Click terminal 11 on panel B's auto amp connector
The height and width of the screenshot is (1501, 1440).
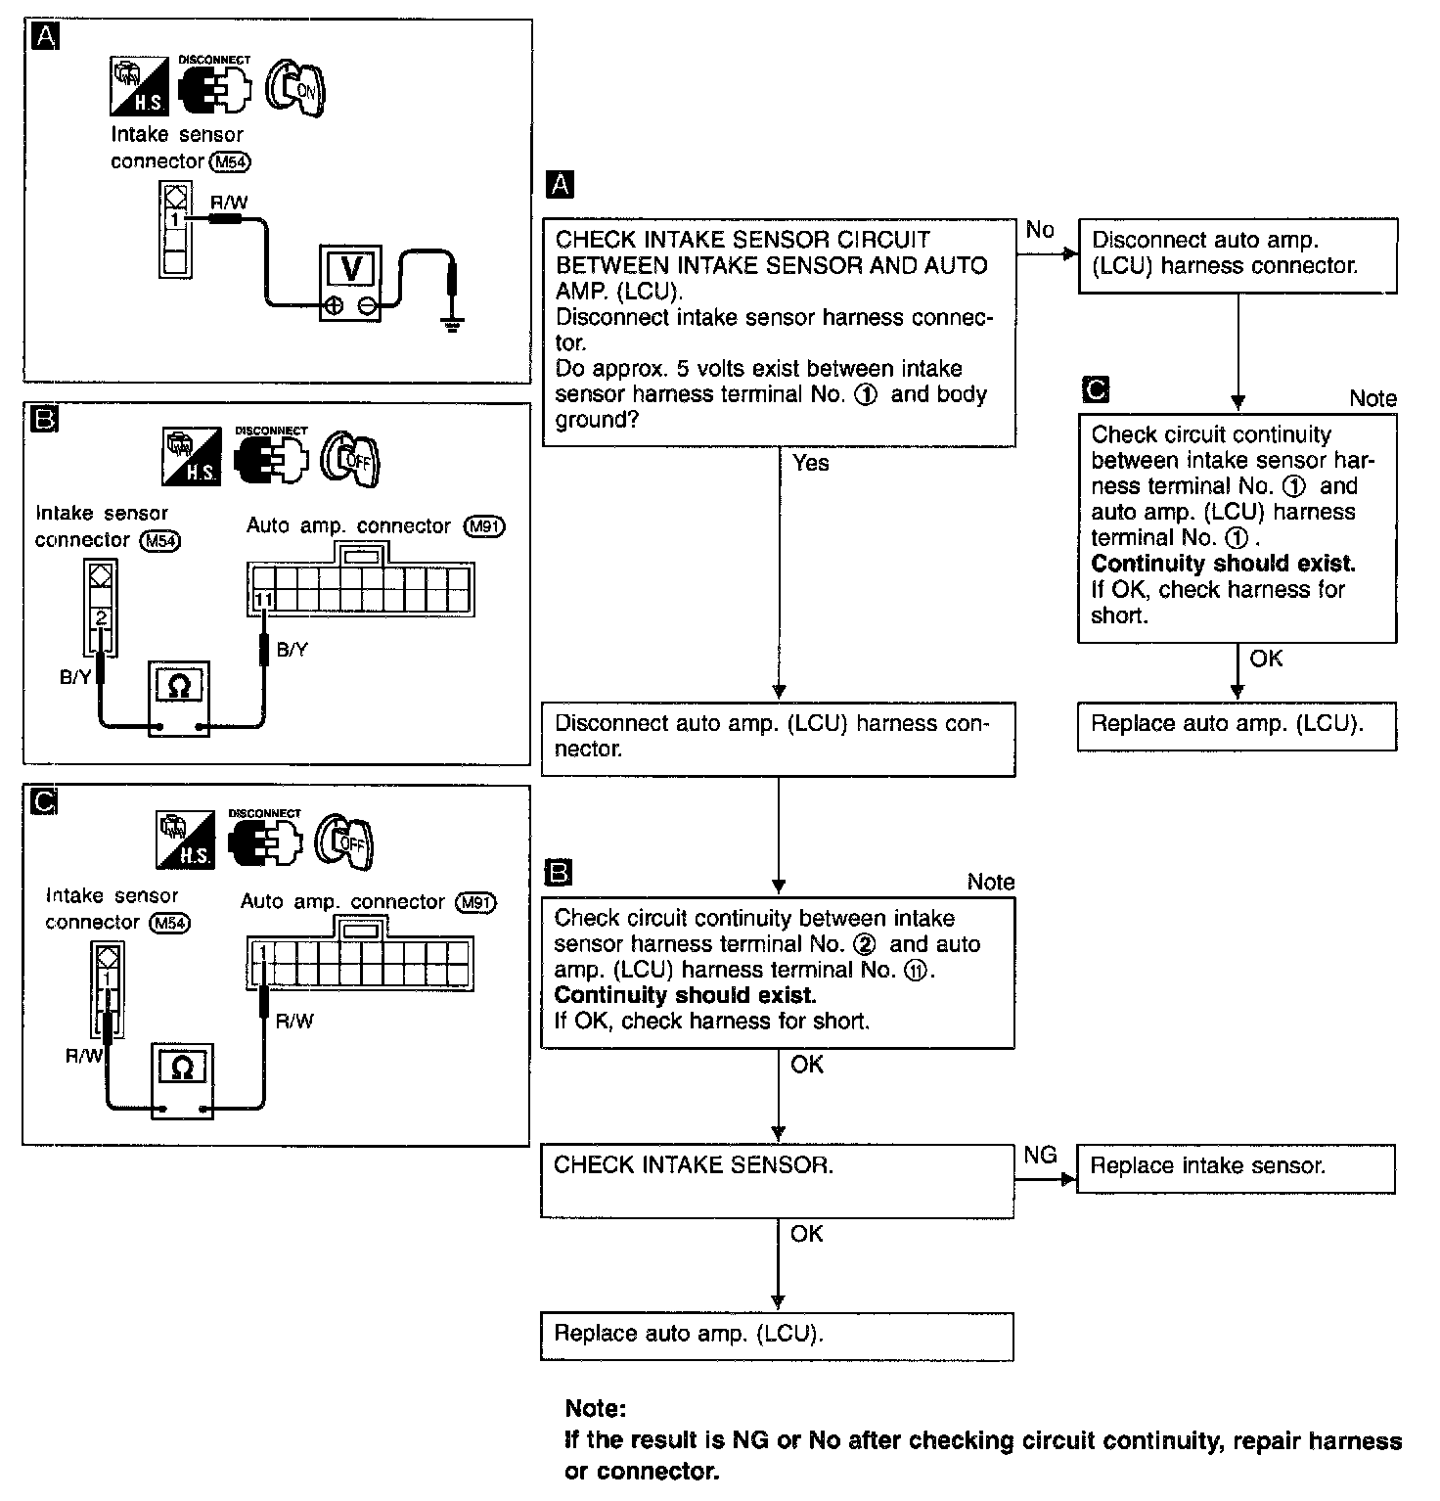coord(263,600)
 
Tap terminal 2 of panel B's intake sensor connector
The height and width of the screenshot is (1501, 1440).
coord(102,617)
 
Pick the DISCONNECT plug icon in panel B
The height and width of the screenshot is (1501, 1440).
coord(271,457)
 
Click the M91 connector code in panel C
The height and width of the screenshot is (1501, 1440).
coord(475,903)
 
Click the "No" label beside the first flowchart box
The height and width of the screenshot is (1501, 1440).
coord(1040,230)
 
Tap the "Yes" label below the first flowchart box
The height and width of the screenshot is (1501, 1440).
coord(810,463)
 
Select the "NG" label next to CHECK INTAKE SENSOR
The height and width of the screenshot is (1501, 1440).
coord(1039,1156)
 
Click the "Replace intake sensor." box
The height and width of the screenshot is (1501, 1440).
coord(1236,1167)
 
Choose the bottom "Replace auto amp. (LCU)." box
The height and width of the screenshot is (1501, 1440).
coord(777,1336)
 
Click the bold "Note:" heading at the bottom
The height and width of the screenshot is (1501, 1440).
coord(595,1409)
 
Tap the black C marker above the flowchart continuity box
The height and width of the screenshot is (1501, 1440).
coord(1097,389)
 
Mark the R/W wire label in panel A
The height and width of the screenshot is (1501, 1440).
coord(229,203)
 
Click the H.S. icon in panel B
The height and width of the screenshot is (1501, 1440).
coord(189,457)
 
